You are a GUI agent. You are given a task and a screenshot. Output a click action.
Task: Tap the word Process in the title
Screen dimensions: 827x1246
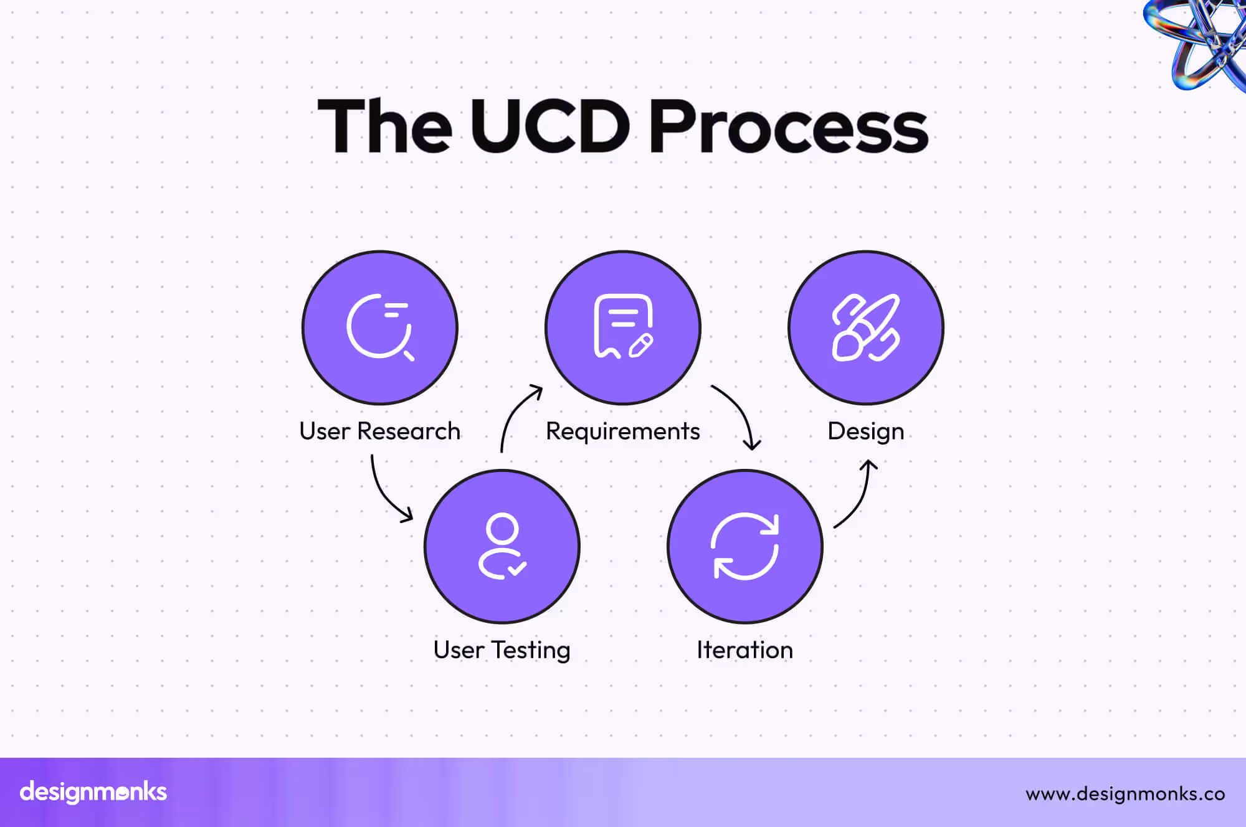[788, 128]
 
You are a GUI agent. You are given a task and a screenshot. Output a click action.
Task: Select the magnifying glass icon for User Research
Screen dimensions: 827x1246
[380, 328]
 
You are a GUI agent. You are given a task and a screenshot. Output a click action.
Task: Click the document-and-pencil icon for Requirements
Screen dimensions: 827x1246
[623, 327]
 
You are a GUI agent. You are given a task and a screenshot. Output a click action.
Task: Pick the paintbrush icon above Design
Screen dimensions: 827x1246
[866, 328]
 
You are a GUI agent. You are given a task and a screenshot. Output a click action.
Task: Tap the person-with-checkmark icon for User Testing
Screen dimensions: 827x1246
[502, 546]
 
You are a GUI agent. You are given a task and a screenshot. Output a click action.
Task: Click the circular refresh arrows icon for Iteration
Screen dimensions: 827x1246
[745, 546]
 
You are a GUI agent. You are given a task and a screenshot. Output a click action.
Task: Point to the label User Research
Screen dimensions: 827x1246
[379, 431]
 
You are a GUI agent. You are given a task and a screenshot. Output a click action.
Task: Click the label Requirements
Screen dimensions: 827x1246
[623, 432]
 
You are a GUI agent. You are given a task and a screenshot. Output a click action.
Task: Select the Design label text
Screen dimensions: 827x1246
[865, 432]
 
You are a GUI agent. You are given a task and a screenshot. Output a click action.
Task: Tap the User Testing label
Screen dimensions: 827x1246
[502, 650]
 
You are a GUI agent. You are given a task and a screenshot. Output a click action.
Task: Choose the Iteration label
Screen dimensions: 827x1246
[745, 650]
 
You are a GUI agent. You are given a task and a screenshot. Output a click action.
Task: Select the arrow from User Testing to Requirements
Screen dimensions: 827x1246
[514, 414]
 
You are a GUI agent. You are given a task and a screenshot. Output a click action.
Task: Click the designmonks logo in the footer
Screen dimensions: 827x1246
[93, 792]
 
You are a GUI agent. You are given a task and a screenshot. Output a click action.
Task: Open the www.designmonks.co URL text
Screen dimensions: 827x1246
[1125, 794]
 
